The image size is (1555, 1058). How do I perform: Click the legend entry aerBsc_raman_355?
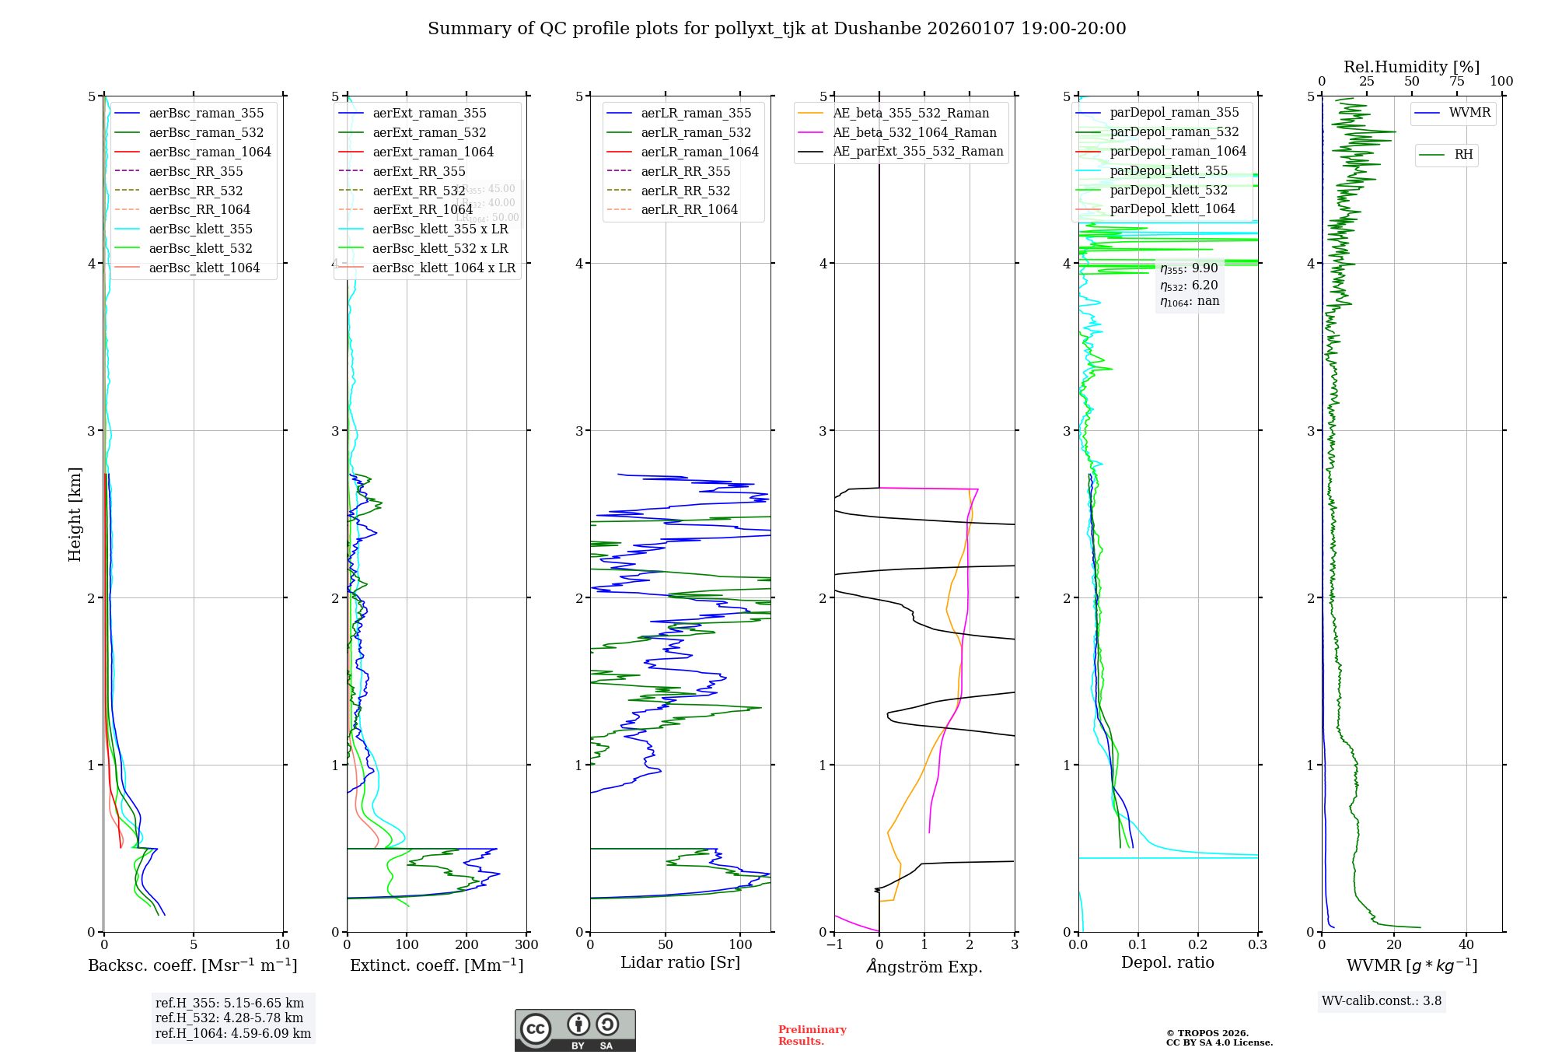(x=206, y=114)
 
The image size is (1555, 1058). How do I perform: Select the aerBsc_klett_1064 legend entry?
(x=204, y=268)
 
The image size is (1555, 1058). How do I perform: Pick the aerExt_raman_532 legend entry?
(x=429, y=133)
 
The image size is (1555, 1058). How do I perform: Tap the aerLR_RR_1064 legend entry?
(x=689, y=210)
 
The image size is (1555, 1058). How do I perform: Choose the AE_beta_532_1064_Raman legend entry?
(x=914, y=133)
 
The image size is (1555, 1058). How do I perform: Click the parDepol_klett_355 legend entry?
(x=1169, y=171)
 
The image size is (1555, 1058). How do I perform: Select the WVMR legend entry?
(x=1469, y=113)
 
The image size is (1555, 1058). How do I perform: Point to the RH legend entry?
(x=1463, y=155)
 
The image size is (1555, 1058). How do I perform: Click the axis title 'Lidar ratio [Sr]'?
(x=680, y=963)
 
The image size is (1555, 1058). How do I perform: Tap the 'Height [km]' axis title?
(x=75, y=514)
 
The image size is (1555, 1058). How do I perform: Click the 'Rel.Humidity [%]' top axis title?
(x=1411, y=67)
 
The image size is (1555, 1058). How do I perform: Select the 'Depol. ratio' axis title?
(x=1167, y=963)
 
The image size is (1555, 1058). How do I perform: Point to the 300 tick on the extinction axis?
(x=526, y=945)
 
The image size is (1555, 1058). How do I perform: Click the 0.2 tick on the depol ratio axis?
(x=1198, y=945)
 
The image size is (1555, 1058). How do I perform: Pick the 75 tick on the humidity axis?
(x=1456, y=82)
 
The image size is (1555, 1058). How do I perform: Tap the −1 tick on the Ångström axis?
(x=834, y=945)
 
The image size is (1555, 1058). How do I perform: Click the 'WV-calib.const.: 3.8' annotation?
(x=1382, y=1001)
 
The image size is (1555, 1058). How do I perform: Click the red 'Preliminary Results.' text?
(x=812, y=1035)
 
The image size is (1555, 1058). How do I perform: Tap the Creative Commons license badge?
(x=575, y=1031)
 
